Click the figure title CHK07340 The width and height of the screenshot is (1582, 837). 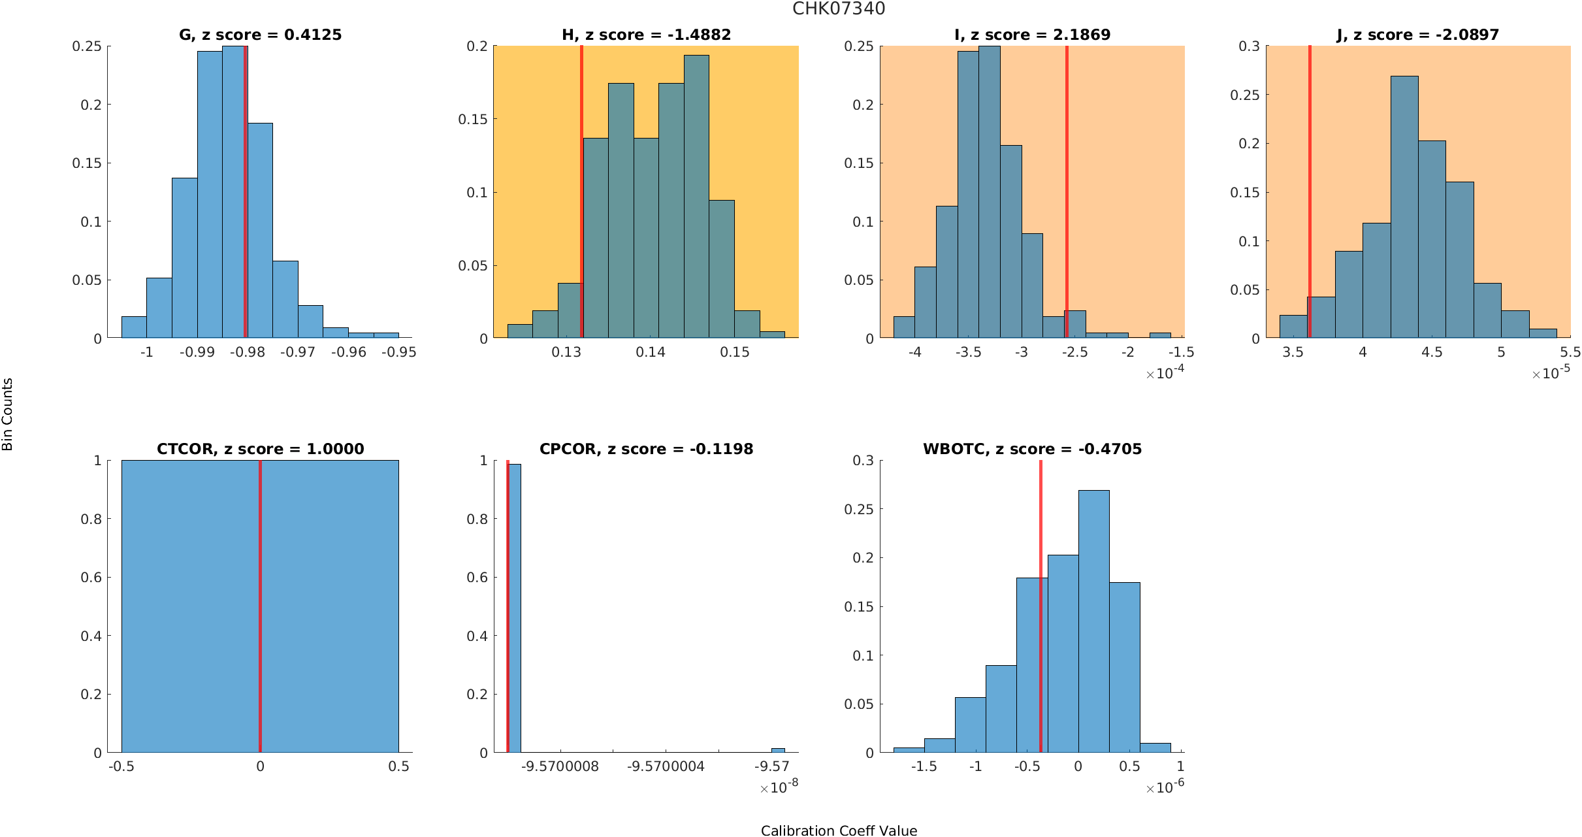coord(839,8)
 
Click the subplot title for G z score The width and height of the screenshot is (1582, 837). coord(260,35)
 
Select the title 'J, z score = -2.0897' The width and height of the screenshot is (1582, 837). coord(1417,35)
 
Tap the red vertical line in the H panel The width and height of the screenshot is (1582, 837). coord(581,189)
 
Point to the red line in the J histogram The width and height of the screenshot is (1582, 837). coord(1310,189)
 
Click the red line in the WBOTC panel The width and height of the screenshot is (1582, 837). coord(1041,608)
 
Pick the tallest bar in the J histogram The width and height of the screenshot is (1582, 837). coord(1404,209)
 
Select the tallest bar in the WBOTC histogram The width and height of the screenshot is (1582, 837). coord(1093,621)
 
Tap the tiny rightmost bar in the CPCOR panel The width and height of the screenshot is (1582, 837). coord(778,750)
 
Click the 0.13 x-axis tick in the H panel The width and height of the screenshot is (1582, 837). coord(566,352)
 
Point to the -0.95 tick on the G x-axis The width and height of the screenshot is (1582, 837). coord(398,352)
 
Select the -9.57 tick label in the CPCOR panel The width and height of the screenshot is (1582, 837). coord(771,766)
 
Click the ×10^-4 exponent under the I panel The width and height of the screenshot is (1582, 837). coord(1165,373)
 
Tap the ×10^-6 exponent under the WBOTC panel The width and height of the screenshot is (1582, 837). coord(1165,787)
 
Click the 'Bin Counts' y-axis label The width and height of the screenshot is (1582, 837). coord(8,414)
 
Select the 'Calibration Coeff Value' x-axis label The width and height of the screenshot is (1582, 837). coord(839,830)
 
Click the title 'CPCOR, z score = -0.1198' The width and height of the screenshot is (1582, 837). coord(646,449)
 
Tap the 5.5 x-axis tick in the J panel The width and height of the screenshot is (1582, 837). coord(1570,352)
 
